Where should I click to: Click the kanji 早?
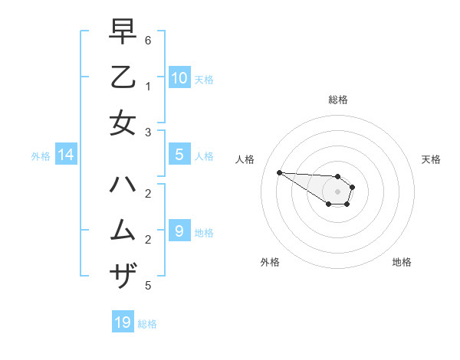(123, 33)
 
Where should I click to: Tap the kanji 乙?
(123, 78)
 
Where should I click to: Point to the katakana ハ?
(123, 184)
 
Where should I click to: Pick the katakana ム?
(123, 230)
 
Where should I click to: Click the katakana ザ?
(123, 274)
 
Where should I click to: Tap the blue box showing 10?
(179, 77)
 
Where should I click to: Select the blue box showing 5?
(179, 155)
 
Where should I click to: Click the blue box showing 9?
(179, 231)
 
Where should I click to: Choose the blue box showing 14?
(66, 155)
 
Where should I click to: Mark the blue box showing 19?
(123, 322)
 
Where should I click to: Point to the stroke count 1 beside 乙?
(147, 87)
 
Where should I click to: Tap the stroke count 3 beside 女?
(147, 133)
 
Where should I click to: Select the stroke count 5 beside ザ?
(147, 286)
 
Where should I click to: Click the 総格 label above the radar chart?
(337, 100)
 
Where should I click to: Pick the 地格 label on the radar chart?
(402, 262)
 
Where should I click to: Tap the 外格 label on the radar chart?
(270, 262)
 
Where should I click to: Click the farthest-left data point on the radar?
(279, 172)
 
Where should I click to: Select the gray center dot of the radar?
(337, 191)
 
